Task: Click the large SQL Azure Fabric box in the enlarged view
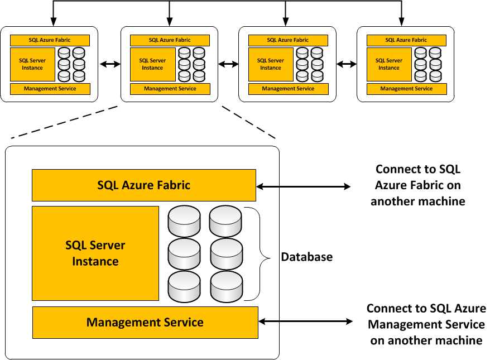pyautogui.click(x=144, y=185)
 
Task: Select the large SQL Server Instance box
pyautogui.click(x=95, y=253)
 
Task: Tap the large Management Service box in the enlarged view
pyautogui.click(x=145, y=322)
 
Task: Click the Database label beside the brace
pyautogui.click(x=306, y=257)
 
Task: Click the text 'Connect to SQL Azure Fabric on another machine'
pyautogui.click(x=417, y=185)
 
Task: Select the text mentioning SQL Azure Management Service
pyautogui.click(x=426, y=324)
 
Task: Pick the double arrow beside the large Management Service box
pyautogui.click(x=306, y=321)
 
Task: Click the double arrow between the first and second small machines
pyautogui.click(x=109, y=64)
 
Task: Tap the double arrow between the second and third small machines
pyautogui.click(x=228, y=64)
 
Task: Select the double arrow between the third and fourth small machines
pyautogui.click(x=346, y=64)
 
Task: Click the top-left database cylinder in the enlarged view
pyautogui.click(x=184, y=222)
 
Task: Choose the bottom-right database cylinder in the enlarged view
pyautogui.click(x=226, y=286)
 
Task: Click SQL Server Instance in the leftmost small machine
pyautogui.click(x=32, y=64)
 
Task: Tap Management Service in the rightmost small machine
pyautogui.click(x=406, y=89)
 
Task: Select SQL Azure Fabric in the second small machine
pyautogui.click(x=170, y=40)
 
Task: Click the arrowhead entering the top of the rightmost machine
pyautogui.click(x=402, y=22)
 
